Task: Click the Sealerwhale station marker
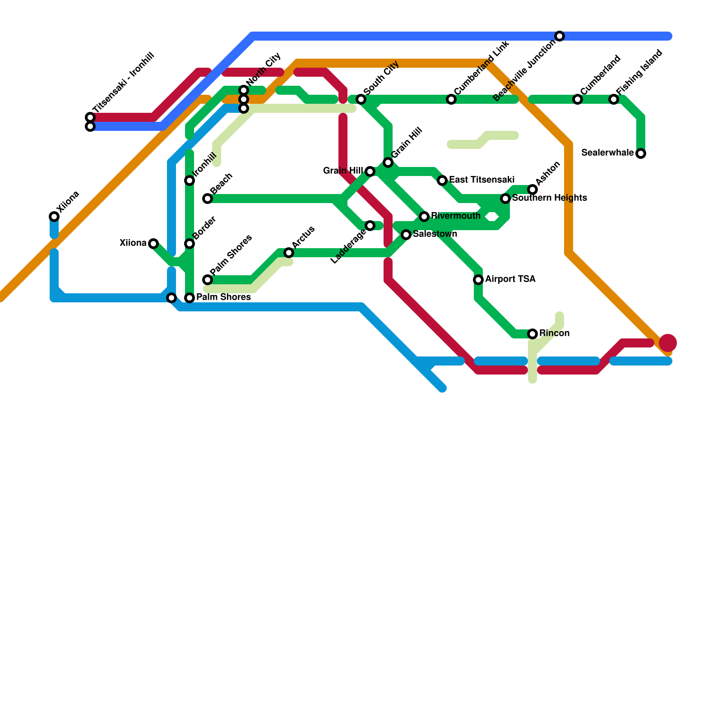(641, 153)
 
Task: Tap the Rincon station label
(554, 333)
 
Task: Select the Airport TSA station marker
(478, 280)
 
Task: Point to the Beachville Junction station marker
(560, 36)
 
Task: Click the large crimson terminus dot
(668, 343)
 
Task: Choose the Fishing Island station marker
(614, 99)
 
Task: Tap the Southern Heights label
(549, 198)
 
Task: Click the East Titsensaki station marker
(442, 180)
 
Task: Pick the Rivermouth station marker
(424, 217)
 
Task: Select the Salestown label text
(435, 234)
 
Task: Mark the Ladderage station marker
(370, 226)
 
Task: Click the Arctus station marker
(289, 253)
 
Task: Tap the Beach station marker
(208, 199)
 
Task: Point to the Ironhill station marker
(190, 180)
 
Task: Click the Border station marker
(190, 244)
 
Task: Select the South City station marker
(361, 99)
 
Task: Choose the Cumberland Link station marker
(451, 99)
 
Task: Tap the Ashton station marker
(532, 190)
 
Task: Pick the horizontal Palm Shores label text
(223, 297)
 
